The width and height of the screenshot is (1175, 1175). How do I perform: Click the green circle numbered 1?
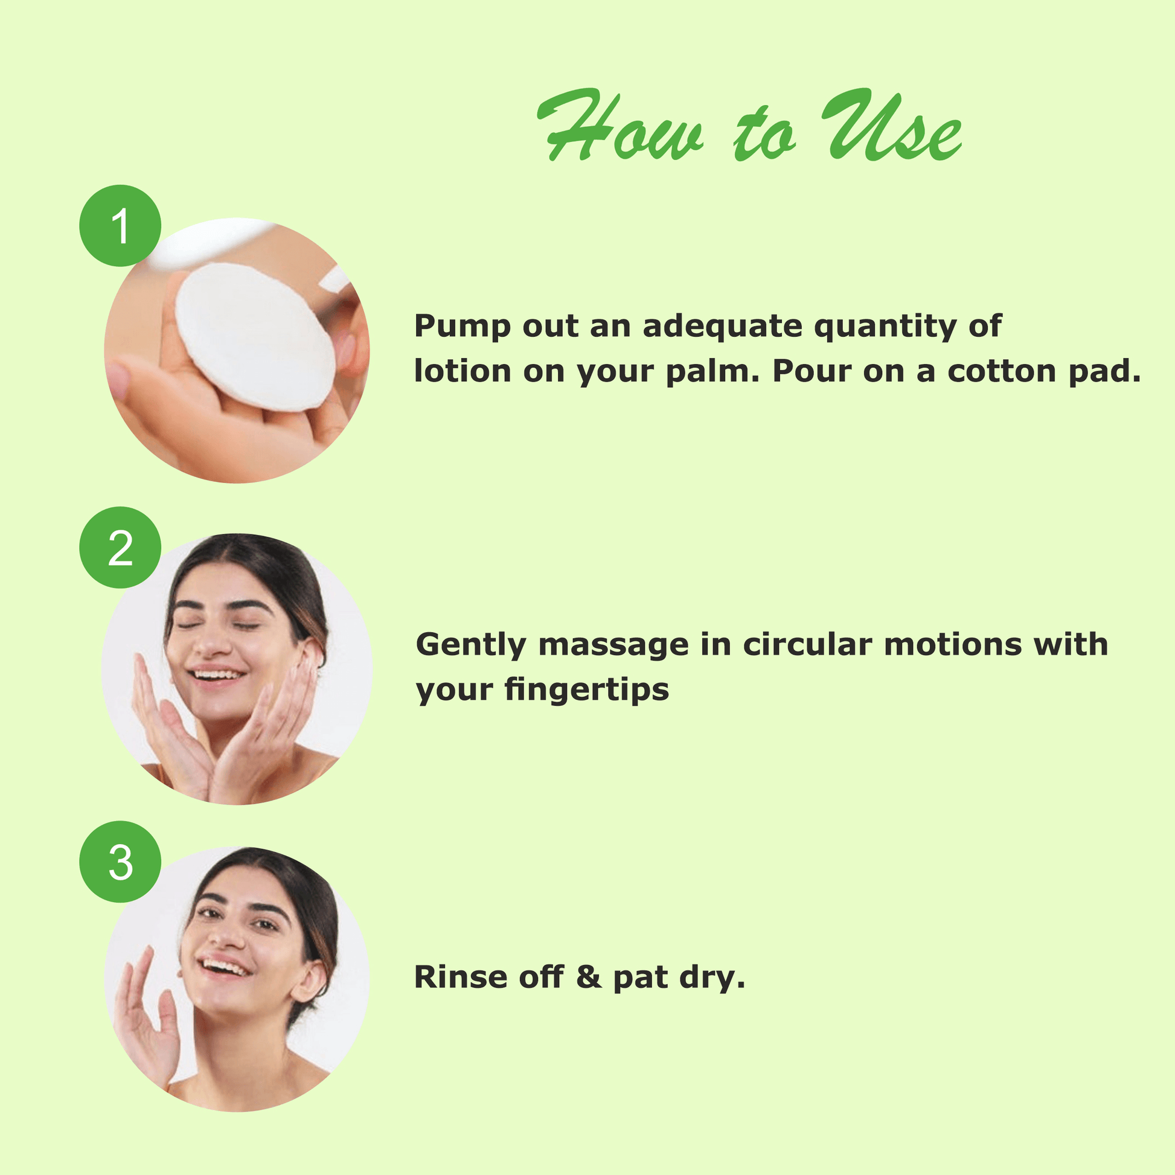pyautogui.click(x=120, y=226)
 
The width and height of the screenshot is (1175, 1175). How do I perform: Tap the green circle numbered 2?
pyautogui.click(x=120, y=548)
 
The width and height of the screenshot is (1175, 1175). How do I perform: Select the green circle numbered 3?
pyautogui.click(x=120, y=862)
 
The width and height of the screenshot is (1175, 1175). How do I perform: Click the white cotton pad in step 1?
pyautogui.click(x=255, y=337)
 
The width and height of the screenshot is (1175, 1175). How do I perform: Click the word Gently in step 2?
pyautogui.click(x=471, y=645)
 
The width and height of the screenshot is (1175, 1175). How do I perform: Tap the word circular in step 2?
pyautogui.click(x=808, y=644)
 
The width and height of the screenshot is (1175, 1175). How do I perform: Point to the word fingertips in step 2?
pyautogui.click(x=586, y=690)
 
